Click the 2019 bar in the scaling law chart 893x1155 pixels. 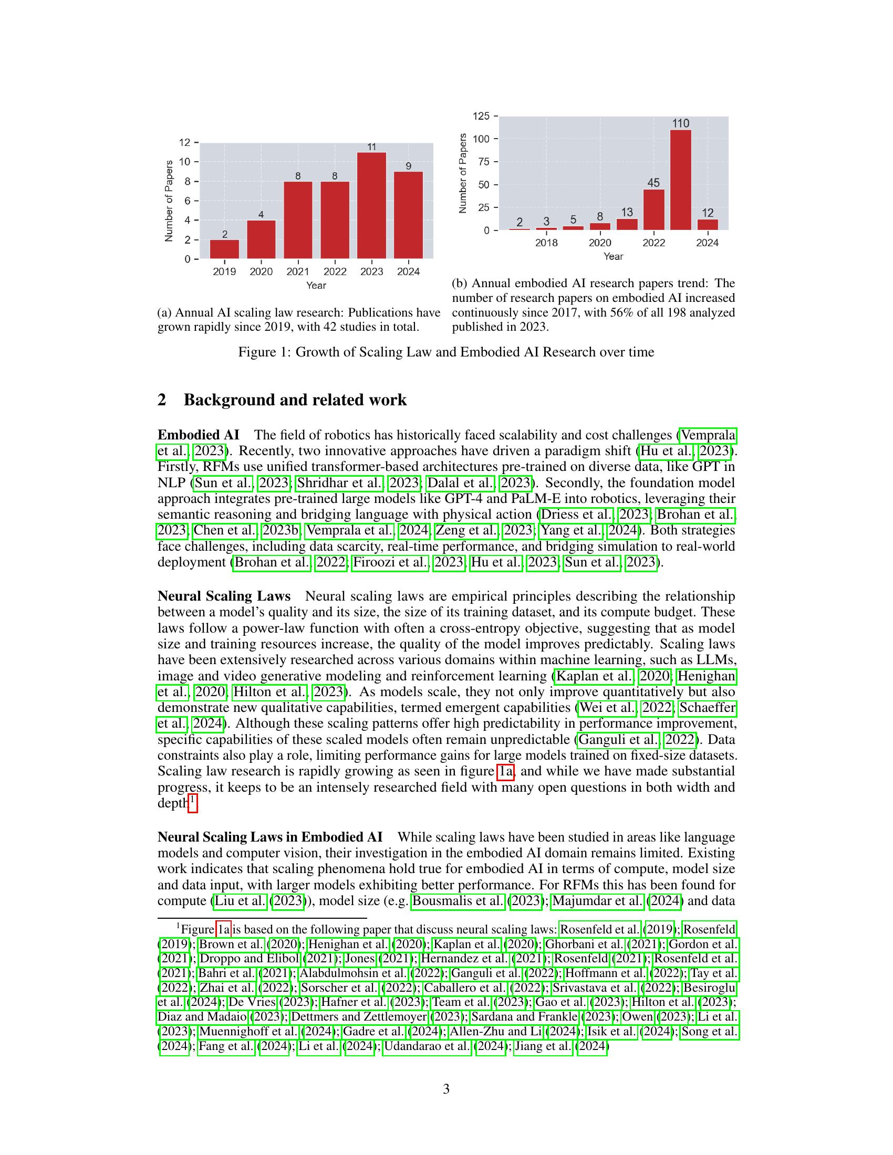(x=224, y=249)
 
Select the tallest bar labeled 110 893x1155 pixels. (x=680, y=180)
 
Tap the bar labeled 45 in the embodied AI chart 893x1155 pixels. (x=653, y=209)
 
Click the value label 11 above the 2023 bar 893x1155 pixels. (x=371, y=147)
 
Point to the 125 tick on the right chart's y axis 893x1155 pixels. (x=481, y=116)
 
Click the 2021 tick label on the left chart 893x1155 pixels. (x=298, y=272)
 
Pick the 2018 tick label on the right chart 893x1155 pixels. (x=546, y=243)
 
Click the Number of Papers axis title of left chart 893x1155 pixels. (x=169, y=201)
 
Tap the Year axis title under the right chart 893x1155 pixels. (x=613, y=257)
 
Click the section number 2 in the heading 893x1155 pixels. (x=162, y=400)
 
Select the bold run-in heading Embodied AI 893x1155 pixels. (x=199, y=435)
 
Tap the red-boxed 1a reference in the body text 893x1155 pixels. (x=506, y=771)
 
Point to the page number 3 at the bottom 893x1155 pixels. (x=446, y=1089)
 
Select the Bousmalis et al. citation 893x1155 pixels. (x=458, y=900)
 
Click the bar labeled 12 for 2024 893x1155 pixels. (x=708, y=224)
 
